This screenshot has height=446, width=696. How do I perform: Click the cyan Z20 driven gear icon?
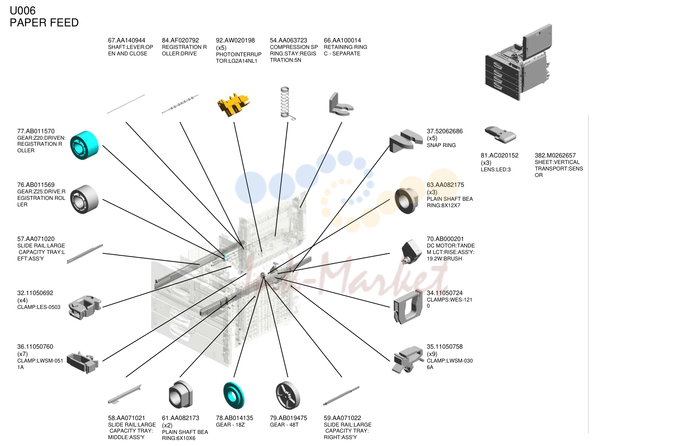84,145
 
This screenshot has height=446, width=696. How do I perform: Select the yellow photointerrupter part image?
233,105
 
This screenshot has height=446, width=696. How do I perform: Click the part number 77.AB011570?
36,131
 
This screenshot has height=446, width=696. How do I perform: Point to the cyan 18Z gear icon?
234,395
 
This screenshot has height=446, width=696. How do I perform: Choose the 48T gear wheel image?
288,395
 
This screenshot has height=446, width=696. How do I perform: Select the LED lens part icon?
500,135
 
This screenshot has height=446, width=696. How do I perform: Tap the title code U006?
23,10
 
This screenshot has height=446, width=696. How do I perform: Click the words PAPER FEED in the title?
44,22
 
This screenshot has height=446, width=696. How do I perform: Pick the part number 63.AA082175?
445,185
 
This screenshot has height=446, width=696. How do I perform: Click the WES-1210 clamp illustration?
408,307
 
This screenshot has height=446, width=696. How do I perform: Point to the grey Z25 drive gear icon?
84,199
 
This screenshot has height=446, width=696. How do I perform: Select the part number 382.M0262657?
555,155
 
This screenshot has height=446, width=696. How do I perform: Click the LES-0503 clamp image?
85,307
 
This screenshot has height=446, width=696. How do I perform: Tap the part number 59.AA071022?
342,418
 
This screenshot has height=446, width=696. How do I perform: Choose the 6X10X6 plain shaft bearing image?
180,394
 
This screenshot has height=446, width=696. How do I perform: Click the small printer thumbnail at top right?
519,62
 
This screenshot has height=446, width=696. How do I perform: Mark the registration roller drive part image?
180,104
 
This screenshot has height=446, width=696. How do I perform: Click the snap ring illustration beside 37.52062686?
406,141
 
